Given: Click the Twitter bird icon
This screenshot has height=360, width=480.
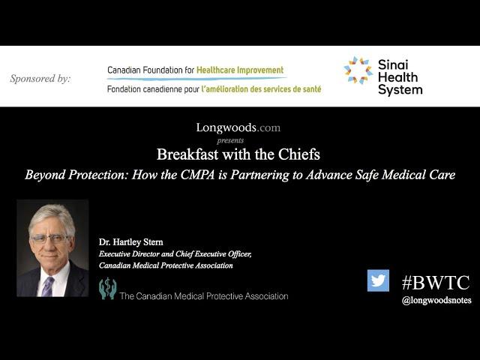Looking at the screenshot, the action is [378, 280].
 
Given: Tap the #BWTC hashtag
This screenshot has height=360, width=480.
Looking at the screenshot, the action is [436, 283].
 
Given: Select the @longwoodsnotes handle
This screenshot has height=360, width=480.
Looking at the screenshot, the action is [436, 300].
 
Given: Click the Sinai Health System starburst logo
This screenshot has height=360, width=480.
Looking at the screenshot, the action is [358, 70].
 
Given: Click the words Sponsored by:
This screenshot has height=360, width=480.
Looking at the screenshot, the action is [40, 79].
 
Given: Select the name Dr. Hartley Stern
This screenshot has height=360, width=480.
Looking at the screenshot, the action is [130, 241].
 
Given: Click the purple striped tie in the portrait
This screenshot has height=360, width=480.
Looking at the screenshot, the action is [47, 286].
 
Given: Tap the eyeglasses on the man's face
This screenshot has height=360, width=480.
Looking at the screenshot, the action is [50, 238].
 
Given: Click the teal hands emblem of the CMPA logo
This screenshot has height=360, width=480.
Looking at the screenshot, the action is [107, 288].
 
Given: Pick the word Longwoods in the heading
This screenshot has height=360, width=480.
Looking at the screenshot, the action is [226, 127].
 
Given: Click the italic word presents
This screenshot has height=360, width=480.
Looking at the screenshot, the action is [230, 140].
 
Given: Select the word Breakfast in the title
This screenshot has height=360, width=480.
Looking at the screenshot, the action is [187, 154].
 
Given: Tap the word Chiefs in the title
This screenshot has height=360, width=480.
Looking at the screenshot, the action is [298, 154].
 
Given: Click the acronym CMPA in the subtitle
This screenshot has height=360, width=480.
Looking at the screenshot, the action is [197, 175].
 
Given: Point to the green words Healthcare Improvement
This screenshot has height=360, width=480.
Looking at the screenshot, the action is [240, 70].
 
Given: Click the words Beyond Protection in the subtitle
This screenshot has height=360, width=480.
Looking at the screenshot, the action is [76, 175].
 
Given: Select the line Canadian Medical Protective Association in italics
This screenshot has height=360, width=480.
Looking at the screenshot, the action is [166, 265].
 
